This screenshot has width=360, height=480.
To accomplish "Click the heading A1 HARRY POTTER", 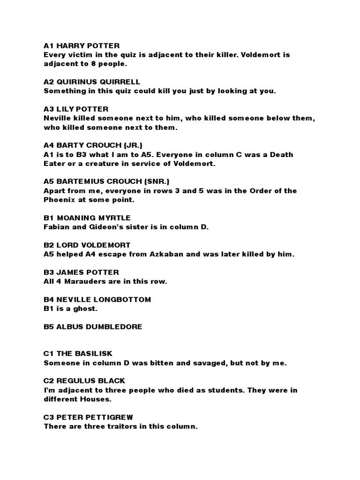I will [x=82, y=45].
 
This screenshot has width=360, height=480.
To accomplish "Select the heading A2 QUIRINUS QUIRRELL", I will [x=92, y=82].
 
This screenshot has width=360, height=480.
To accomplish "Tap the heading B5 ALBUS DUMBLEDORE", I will [x=93, y=327].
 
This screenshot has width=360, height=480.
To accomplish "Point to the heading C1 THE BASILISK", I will [x=78, y=353].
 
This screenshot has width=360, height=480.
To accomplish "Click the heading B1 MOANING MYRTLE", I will [x=87, y=218].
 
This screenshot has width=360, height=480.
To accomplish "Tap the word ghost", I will [x=85, y=309].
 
